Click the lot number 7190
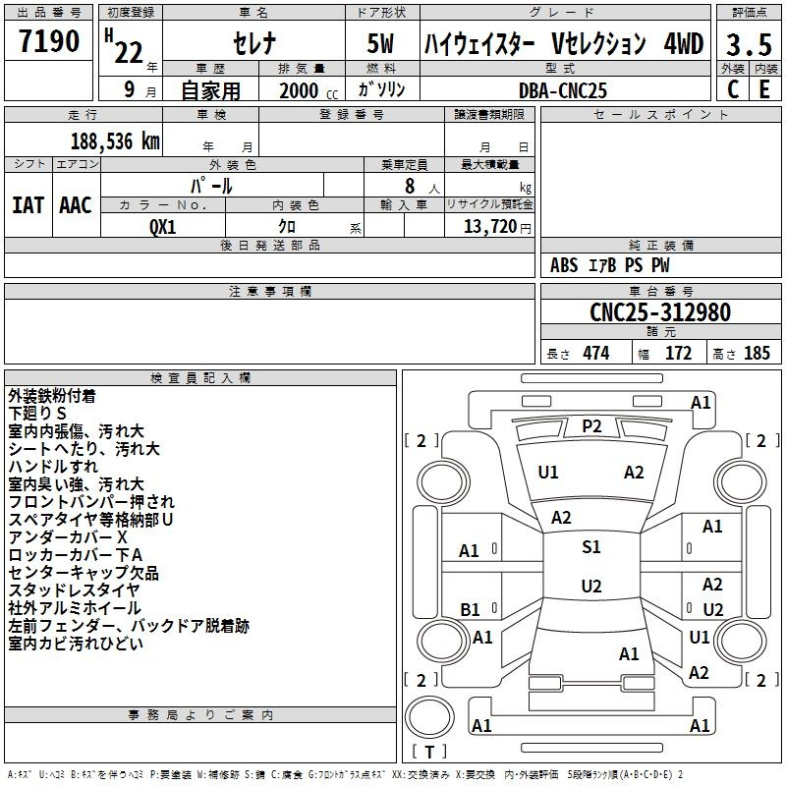coord(48,41)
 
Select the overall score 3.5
coord(749,44)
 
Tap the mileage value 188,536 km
coord(115,141)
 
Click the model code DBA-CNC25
coord(563,90)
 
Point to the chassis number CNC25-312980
coord(660,312)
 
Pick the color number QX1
coord(163,227)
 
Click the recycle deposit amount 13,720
coord(490,227)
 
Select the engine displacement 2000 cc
coord(309,90)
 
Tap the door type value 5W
coord(380,43)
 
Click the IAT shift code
coord(28,205)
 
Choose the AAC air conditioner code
coord(76,205)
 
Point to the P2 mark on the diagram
coord(591,426)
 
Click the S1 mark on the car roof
coord(591,546)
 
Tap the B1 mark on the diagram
coord(470,609)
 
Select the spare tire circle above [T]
coord(429,717)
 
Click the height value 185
coord(757,353)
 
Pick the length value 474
coord(596,353)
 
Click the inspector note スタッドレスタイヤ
coord(74,590)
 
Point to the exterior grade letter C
coord(733,89)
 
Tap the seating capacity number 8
coord(410,186)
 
